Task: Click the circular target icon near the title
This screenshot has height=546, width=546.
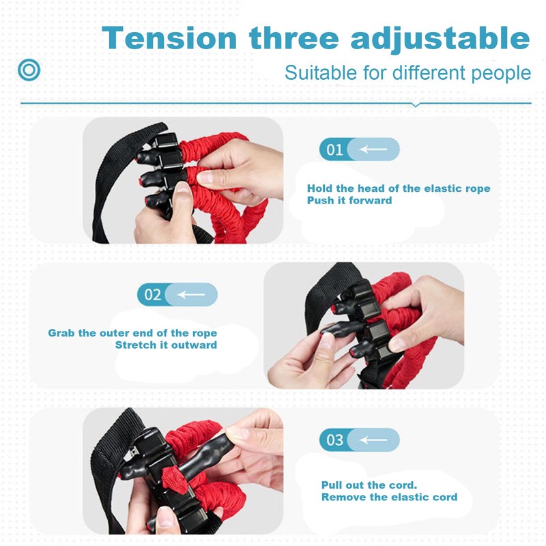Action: [29, 70]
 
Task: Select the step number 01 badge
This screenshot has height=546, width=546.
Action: [334, 149]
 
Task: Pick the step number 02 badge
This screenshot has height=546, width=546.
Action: [152, 295]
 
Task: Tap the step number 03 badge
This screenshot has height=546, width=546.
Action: [334, 440]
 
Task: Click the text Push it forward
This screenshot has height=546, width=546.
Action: [349, 201]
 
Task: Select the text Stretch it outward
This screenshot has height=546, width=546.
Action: [166, 345]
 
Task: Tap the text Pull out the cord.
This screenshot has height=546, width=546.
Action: [369, 485]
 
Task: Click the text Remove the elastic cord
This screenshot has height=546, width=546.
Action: [389, 497]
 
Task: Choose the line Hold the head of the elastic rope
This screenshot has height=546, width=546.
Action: [398, 188]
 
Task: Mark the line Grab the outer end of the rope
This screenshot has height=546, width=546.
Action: [132, 333]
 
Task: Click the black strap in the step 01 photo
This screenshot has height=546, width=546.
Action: [106, 184]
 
